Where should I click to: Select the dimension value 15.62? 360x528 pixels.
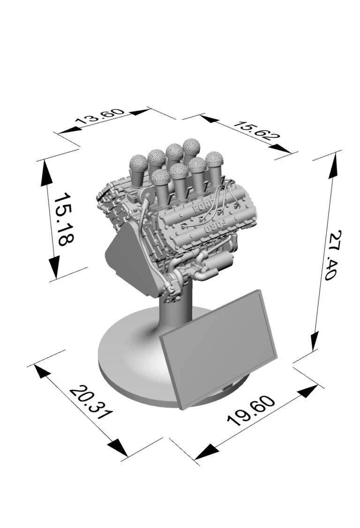[x=256, y=131]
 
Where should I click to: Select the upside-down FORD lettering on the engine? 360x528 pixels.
[x=215, y=226]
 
